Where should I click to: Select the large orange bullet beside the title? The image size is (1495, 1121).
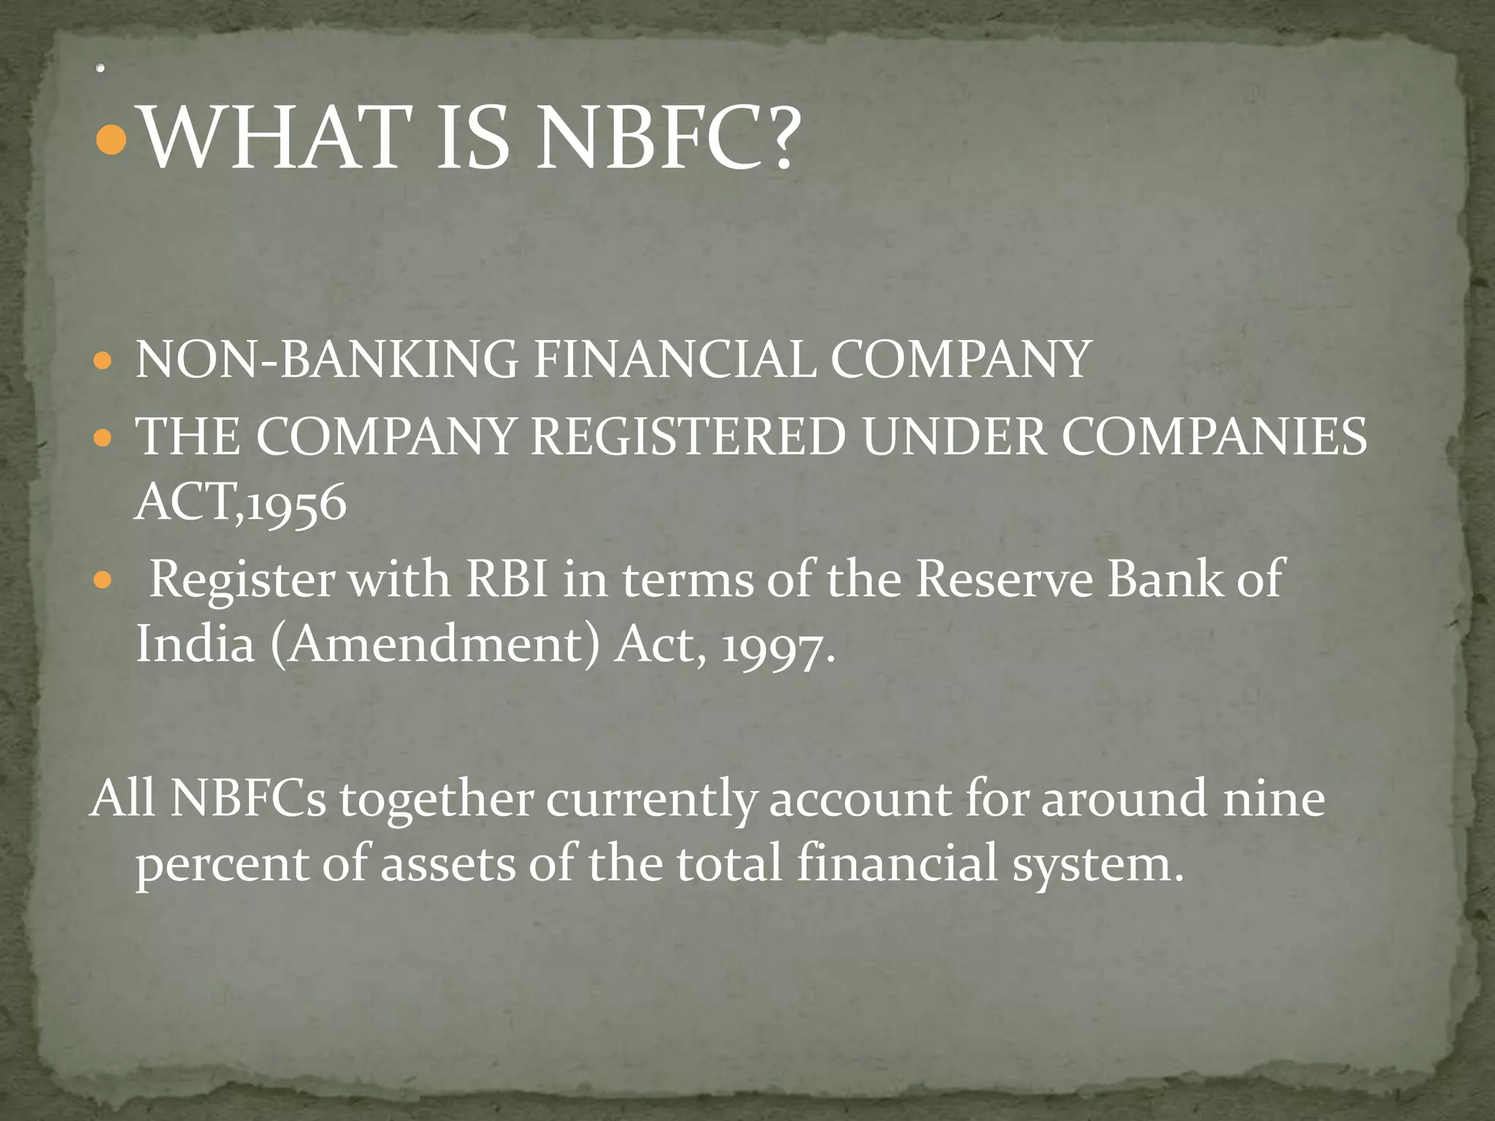[x=112, y=139]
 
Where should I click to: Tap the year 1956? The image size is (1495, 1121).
[x=296, y=504]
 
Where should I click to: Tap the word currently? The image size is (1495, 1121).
[x=650, y=799]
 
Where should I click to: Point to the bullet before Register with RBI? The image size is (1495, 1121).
[x=103, y=580]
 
